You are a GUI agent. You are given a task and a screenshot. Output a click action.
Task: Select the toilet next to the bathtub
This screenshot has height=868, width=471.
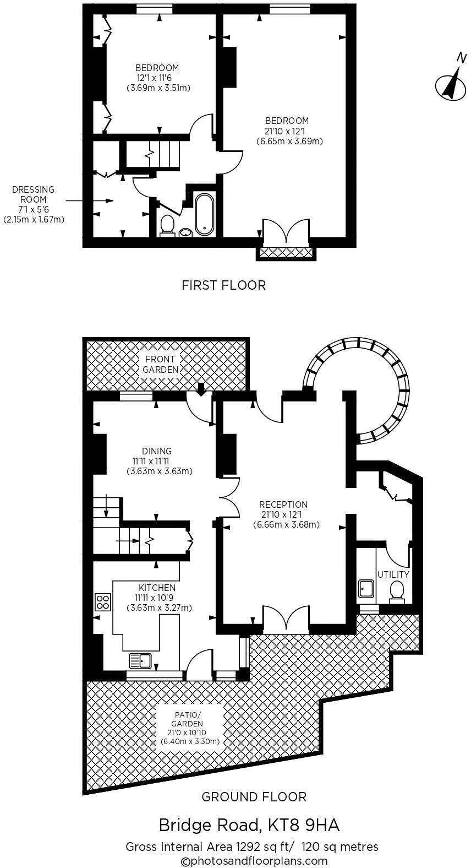tap(167, 226)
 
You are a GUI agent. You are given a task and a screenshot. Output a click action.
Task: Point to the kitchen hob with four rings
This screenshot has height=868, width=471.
tap(102, 601)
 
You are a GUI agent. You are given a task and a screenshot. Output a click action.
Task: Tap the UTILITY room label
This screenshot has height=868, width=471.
tap(393, 574)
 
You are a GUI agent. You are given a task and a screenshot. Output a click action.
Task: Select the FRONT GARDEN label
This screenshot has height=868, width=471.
tap(161, 364)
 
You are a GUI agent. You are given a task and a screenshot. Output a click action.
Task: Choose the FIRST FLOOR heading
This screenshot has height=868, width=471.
tap(223, 285)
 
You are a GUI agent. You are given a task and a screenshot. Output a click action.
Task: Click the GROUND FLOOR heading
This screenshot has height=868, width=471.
tap(254, 796)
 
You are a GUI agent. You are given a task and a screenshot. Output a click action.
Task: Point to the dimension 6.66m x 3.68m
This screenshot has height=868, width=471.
tap(286, 525)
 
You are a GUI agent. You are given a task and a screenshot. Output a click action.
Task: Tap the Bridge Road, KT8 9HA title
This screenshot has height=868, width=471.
tap(249, 826)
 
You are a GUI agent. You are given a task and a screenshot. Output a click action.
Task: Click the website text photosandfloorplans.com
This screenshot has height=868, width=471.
tap(254, 861)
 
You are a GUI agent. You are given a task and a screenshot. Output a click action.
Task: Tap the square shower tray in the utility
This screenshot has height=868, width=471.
tap(365, 589)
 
